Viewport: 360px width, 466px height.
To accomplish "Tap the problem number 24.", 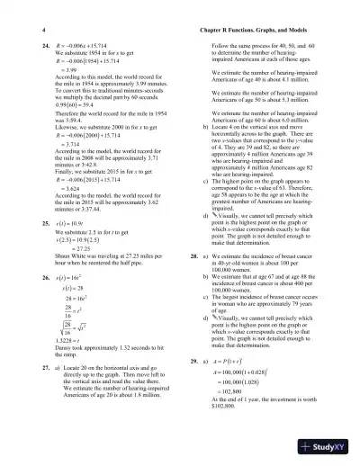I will pos(34,42).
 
